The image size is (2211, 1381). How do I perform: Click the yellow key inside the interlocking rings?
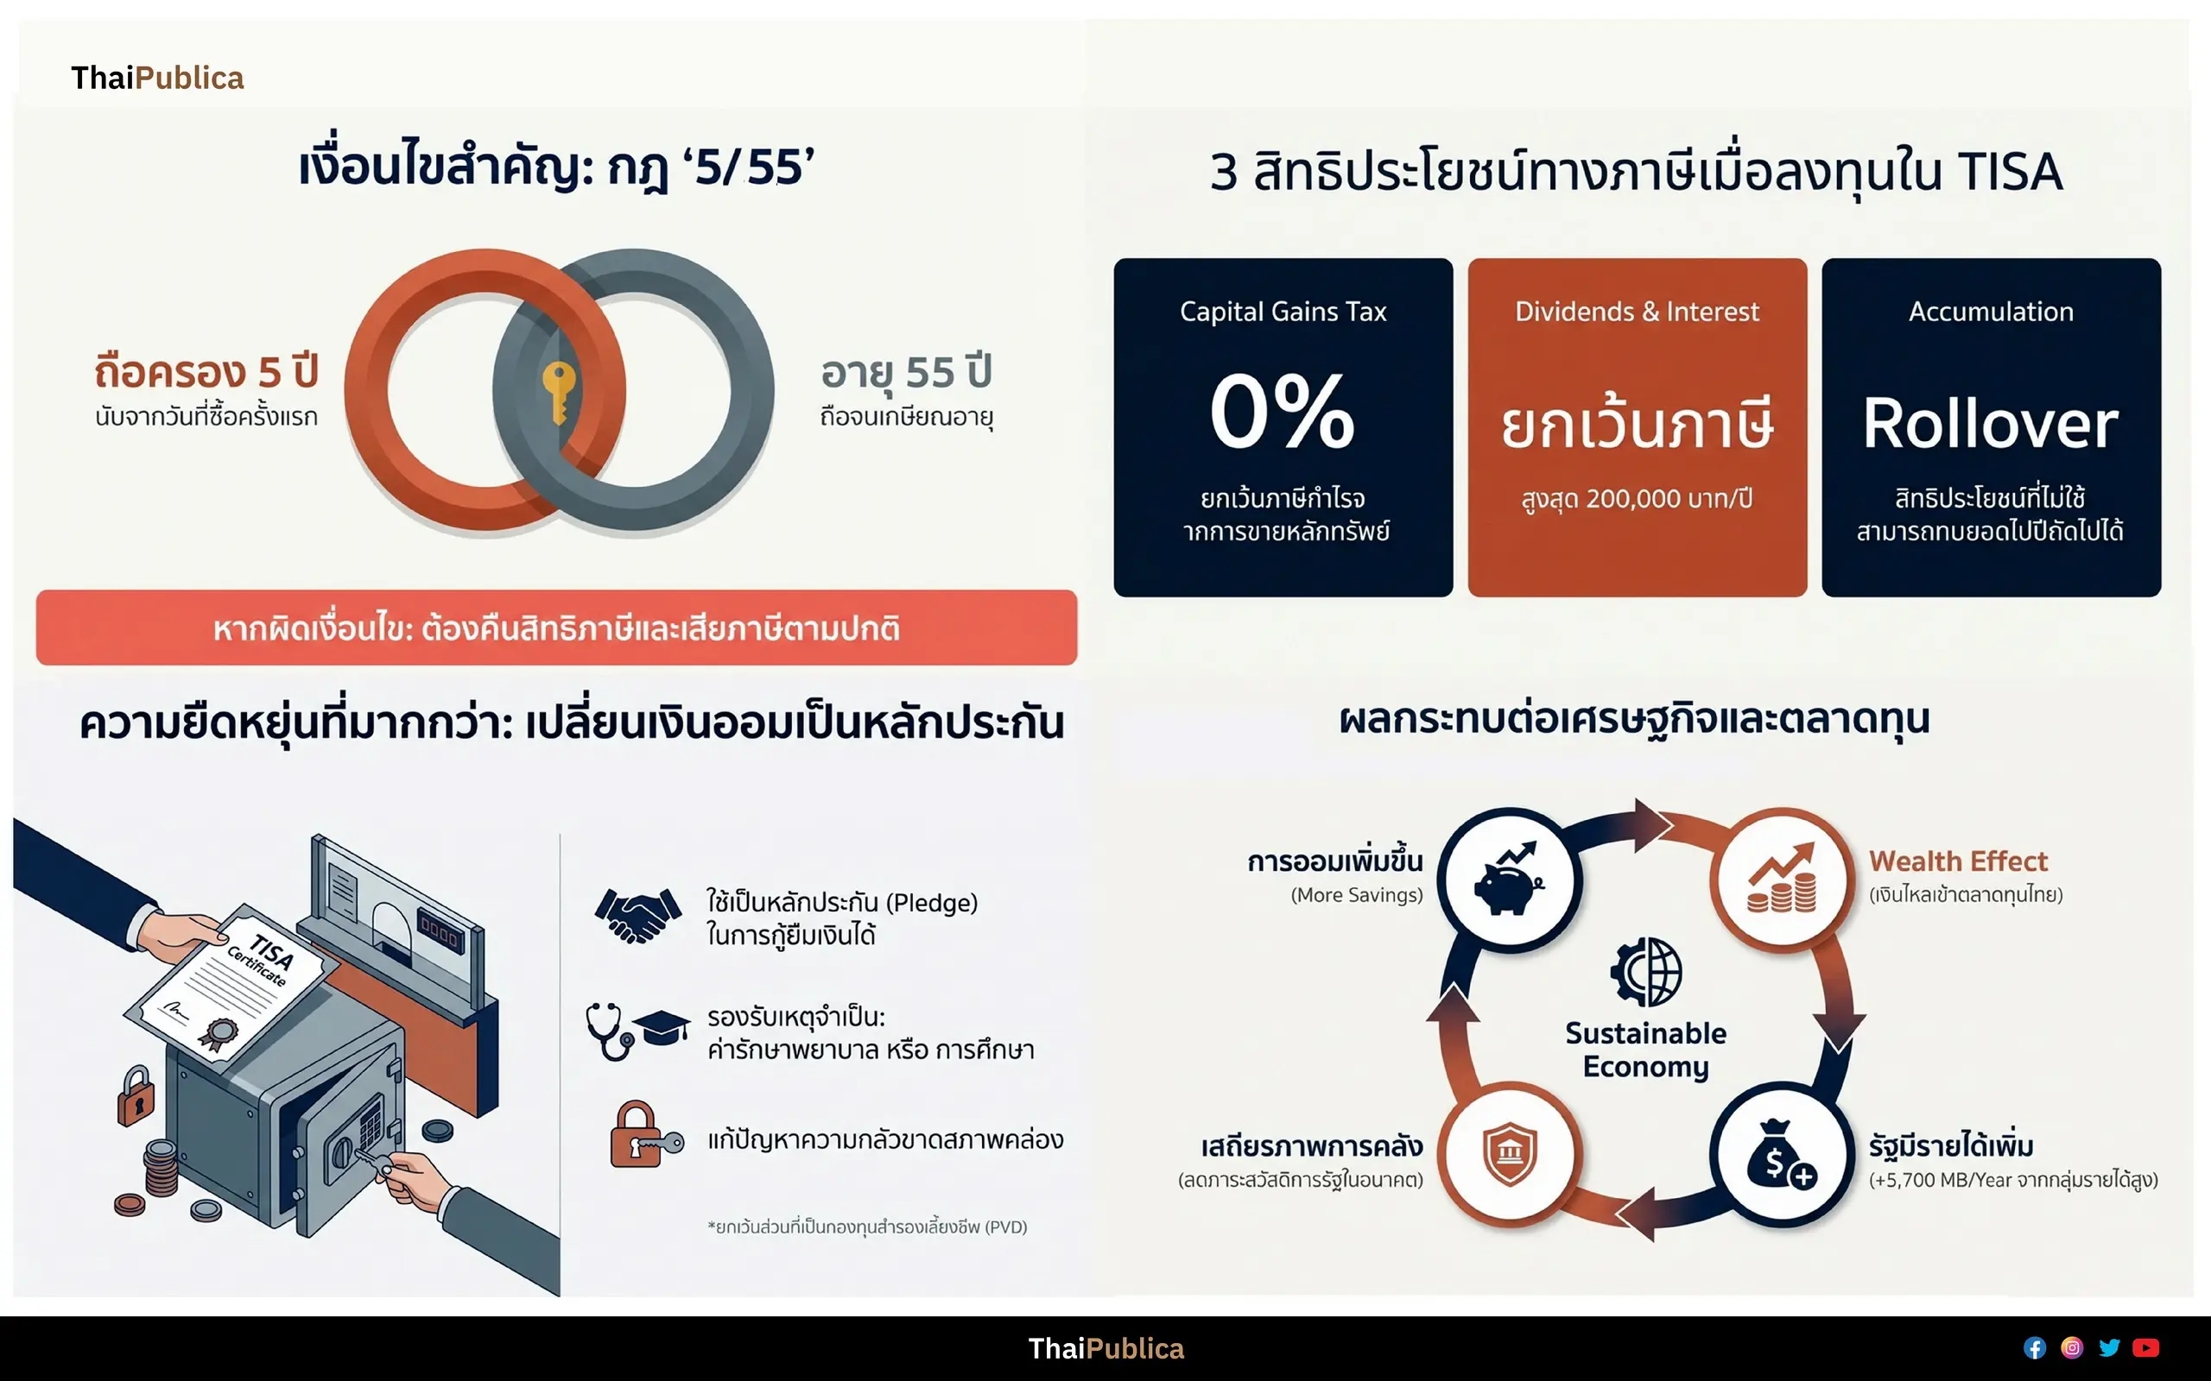coord(558,391)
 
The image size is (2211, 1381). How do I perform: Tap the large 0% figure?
coord(1282,411)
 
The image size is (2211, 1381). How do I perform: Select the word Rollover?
coord(1990,424)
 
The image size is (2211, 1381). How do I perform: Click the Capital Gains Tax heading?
coord(1283,312)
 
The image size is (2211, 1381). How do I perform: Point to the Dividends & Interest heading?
coord(1637,312)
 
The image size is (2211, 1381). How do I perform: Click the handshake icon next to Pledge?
coord(637,915)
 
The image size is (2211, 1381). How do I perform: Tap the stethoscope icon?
coord(610,1031)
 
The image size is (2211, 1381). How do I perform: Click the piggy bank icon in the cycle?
coord(1510,879)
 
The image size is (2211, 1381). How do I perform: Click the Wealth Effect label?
coord(1958,861)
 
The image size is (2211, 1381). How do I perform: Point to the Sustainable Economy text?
coord(1645,1050)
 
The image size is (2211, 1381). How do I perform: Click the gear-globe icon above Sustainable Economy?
coord(1645,971)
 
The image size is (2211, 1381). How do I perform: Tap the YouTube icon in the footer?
coord(2145,1348)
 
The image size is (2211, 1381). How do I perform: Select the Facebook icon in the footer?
coord(2035,1348)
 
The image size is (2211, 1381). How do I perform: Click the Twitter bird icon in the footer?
coord(2109,1348)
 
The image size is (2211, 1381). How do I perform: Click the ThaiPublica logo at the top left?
coord(157,79)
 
